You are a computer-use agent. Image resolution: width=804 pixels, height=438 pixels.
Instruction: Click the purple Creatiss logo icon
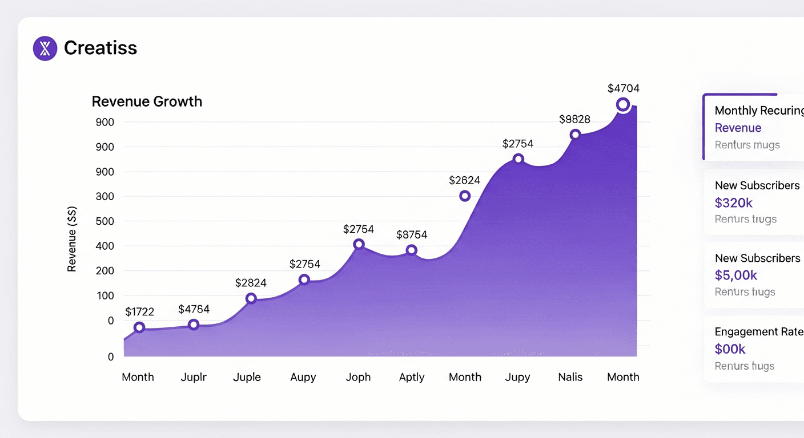pyautogui.click(x=45, y=48)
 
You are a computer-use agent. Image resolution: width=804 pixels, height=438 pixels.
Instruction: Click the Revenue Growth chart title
pyautogui.click(x=147, y=102)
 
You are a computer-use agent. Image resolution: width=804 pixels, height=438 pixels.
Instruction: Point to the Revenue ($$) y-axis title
pyautogui.click(x=72, y=239)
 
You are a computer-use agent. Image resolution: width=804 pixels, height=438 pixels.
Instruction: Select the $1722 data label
pyautogui.click(x=139, y=311)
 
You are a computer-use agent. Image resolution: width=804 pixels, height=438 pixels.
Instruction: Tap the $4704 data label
pyautogui.click(x=623, y=88)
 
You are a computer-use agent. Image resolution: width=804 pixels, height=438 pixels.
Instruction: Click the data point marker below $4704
pyautogui.click(x=623, y=104)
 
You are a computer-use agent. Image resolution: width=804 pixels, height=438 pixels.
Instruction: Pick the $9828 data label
pyautogui.click(x=574, y=119)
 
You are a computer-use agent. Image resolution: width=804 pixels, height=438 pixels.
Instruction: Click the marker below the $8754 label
pyautogui.click(x=411, y=250)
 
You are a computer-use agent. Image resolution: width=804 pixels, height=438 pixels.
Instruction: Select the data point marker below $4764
pyautogui.click(x=194, y=325)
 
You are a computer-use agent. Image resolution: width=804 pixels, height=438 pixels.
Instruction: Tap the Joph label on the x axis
pyautogui.click(x=358, y=377)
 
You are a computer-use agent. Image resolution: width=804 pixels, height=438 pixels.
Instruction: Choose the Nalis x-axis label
pyautogui.click(x=570, y=377)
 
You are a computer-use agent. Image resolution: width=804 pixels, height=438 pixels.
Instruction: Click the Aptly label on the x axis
pyautogui.click(x=411, y=377)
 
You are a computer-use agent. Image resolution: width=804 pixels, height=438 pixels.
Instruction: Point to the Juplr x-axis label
pyautogui.click(x=194, y=377)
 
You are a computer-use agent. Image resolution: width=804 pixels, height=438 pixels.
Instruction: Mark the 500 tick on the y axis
pyautogui.click(x=104, y=221)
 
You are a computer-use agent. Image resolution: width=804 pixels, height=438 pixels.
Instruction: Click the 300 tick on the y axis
pyautogui.click(x=104, y=197)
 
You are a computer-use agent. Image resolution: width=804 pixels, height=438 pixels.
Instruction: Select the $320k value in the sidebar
pyautogui.click(x=733, y=202)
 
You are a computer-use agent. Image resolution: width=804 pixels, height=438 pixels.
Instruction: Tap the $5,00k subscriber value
pyautogui.click(x=735, y=275)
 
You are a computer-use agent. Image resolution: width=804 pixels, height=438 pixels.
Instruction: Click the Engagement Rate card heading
pyautogui.click(x=758, y=332)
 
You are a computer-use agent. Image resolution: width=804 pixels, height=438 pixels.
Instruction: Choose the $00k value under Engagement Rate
pyautogui.click(x=730, y=349)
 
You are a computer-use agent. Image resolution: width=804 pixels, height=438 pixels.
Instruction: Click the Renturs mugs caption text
pyautogui.click(x=747, y=145)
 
